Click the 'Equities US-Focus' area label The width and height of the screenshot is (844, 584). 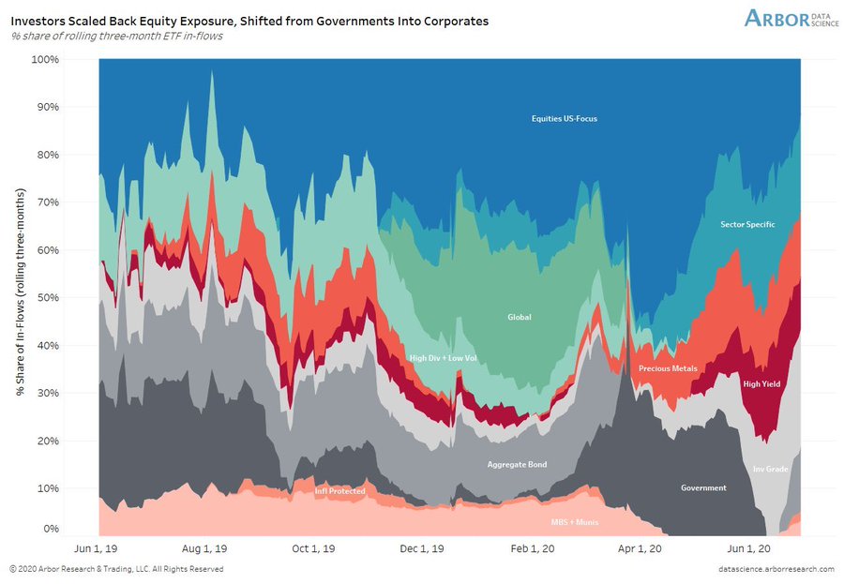point(564,119)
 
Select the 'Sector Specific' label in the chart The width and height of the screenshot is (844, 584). point(747,224)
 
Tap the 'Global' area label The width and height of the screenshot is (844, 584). point(519,317)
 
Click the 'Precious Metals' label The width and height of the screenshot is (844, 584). point(668,368)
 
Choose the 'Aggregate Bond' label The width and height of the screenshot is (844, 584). point(517,464)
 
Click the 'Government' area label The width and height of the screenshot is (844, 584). point(703,487)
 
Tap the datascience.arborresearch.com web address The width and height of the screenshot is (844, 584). point(765,569)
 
